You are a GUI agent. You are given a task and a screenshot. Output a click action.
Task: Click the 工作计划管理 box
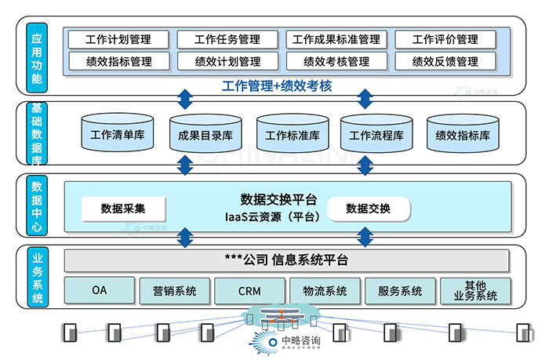(118, 39)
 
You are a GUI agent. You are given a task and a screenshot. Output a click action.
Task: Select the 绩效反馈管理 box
(445, 61)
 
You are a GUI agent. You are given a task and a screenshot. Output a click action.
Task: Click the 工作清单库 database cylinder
(117, 134)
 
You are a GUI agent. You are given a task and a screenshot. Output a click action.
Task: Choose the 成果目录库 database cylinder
(205, 135)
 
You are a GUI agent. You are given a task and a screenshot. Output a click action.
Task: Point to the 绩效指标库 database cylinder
(463, 135)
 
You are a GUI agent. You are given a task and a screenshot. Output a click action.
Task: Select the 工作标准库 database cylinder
(292, 135)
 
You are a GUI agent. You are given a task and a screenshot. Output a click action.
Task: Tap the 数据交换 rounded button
(368, 209)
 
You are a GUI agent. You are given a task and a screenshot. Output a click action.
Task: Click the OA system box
(99, 291)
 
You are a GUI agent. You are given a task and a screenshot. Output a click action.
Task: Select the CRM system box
(249, 291)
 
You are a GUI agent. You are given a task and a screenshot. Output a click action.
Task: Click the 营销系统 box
(174, 291)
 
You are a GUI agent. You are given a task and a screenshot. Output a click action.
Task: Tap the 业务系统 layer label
(37, 276)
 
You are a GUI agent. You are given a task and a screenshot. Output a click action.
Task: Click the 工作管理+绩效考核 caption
(277, 85)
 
